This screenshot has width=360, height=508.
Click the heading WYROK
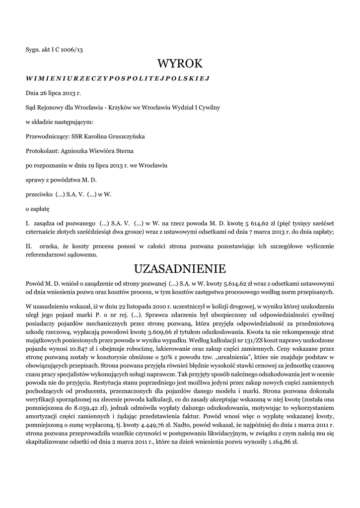point(180,63)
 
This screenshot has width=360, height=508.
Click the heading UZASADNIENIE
point(180,269)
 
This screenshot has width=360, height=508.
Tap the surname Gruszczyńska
point(123,136)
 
